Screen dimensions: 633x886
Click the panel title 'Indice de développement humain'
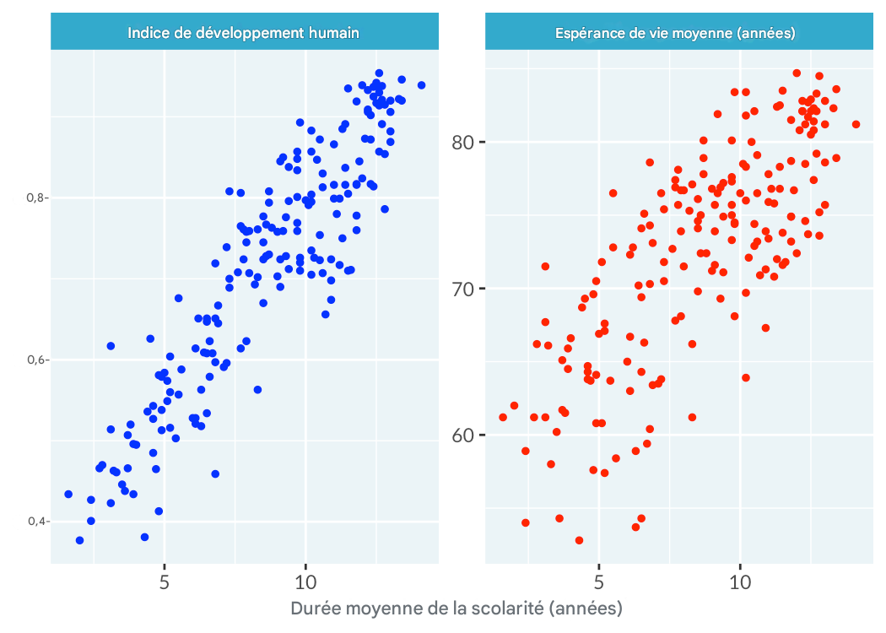tap(244, 33)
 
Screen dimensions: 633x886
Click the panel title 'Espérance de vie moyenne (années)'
tap(676, 33)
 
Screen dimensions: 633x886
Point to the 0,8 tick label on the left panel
tap(37, 197)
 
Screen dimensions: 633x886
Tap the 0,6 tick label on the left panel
tap(37, 360)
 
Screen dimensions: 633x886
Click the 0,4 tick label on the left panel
tap(37, 522)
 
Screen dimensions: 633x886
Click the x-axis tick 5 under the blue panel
tap(165, 582)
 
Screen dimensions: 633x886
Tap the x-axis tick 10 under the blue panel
tap(305, 582)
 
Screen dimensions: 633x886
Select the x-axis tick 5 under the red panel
tap(599, 582)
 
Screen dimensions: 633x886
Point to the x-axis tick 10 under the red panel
tap(740, 582)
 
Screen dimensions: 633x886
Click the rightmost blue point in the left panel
tap(421, 85)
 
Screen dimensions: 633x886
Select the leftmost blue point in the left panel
tap(68, 495)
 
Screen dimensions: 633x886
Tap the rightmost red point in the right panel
tap(856, 124)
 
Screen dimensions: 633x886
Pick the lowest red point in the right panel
tap(579, 540)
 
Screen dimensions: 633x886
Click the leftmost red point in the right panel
tap(503, 417)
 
